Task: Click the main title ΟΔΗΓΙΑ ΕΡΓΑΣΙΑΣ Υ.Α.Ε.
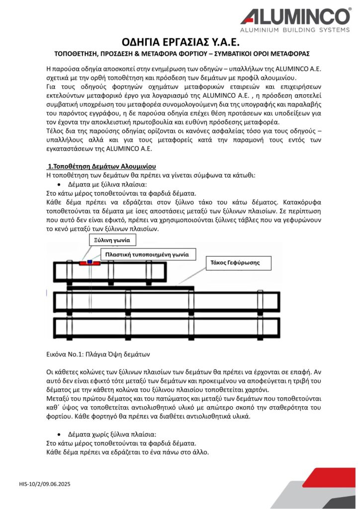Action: pos(180,42)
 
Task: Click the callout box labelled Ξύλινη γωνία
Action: pos(112,240)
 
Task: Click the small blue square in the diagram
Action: pos(90,261)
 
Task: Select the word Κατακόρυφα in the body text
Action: pos(295,203)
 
